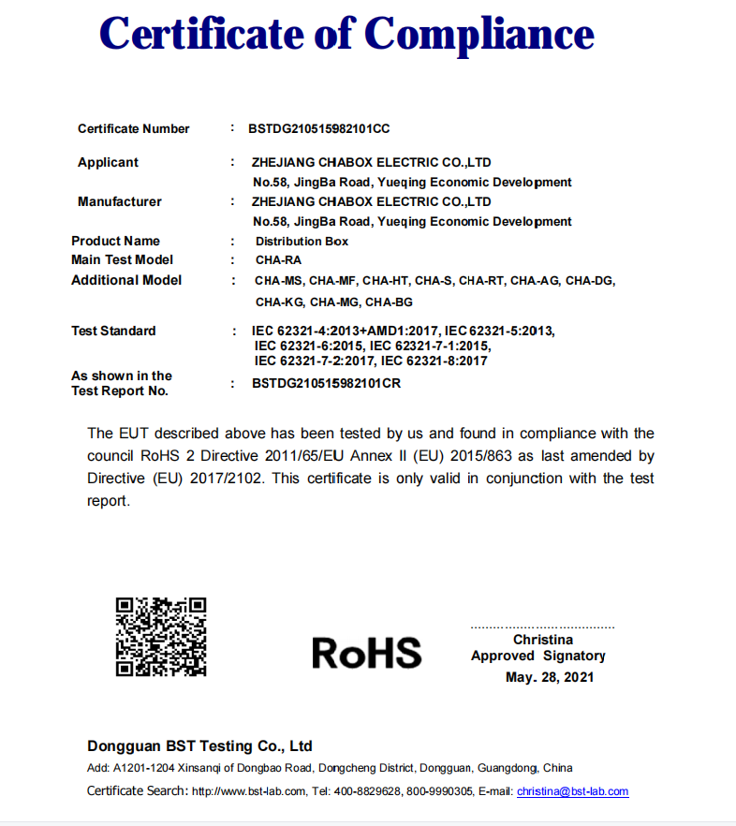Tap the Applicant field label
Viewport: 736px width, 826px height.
pos(108,163)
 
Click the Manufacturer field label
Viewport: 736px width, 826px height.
pos(120,202)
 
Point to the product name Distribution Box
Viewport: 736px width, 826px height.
pos(302,242)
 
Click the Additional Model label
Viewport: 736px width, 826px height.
pos(126,281)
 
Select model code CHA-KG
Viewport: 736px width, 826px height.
pos(279,302)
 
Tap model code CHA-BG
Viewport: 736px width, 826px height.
pos(389,302)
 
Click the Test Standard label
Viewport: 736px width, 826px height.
pos(113,332)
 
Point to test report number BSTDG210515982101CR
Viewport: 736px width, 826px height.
pos(327,384)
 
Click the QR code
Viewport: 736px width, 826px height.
pos(161,637)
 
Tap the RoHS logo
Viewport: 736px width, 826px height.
pos(366,653)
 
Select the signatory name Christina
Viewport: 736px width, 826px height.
pos(543,640)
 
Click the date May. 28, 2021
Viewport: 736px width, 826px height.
pos(550,677)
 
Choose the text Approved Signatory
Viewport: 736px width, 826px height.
pos(538,656)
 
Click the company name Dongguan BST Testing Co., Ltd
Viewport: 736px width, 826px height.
pos(199,746)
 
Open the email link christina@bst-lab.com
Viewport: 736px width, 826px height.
pos(572,791)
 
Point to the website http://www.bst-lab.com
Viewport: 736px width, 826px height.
pos(248,791)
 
